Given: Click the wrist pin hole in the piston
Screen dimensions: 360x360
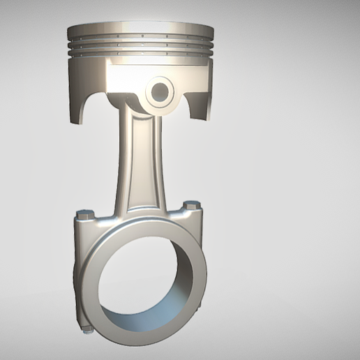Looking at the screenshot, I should [160, 91].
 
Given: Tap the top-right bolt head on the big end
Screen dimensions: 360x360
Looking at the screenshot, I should [192, 206].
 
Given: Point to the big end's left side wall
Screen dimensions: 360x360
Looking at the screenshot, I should [78, 272].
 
